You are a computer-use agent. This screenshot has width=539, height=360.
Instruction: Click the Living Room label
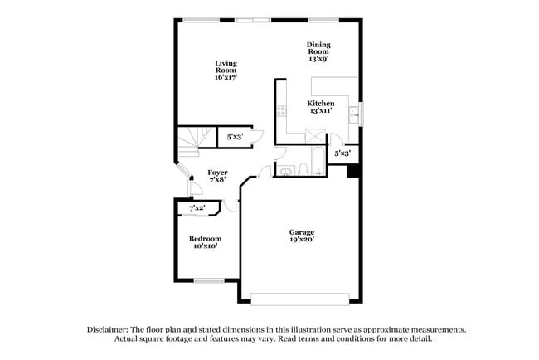click(226, 70)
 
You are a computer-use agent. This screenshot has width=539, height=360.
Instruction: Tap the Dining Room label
click(318, 51)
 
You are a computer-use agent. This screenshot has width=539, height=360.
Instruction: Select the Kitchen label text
click(321, 107)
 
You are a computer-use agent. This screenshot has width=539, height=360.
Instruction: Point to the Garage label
click(301, 235)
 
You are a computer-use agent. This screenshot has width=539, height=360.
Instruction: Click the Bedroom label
click(205, 242)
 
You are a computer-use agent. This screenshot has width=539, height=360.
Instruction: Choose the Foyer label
click(217, 176)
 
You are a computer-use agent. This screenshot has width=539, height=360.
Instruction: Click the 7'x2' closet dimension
click(197, 208)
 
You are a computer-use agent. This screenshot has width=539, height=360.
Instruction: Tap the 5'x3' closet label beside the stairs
click(236, 137)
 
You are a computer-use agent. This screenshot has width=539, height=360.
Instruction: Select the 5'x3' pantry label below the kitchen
click(342, 153)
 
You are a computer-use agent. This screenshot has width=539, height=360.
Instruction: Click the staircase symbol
click(189, 141)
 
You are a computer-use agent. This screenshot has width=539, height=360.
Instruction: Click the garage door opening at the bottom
click(301, 299)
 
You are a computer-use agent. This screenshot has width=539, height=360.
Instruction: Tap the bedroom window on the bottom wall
click(208, 280)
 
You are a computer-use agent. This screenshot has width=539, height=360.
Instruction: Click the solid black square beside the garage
click(352, 172)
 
